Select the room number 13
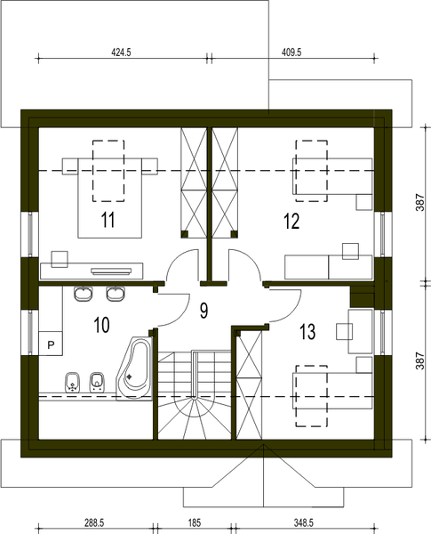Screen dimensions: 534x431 pos(307,333)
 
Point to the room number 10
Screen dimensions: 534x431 pos(101,325)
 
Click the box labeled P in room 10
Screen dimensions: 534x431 pos(52,343)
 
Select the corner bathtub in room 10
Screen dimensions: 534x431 pos(133,369)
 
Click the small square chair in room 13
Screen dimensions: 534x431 pos(345,331)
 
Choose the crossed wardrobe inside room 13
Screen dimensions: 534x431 pos(248,383)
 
